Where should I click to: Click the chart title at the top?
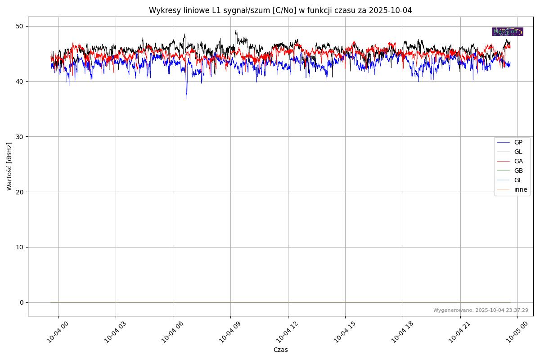click(x=280, y=10)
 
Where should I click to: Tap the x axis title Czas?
click(x=280, y=350)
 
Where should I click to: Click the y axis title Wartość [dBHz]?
click(x=9, y=166)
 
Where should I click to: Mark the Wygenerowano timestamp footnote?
click(x=481, y=310)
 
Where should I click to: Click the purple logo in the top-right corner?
click(x=508, y=31)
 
